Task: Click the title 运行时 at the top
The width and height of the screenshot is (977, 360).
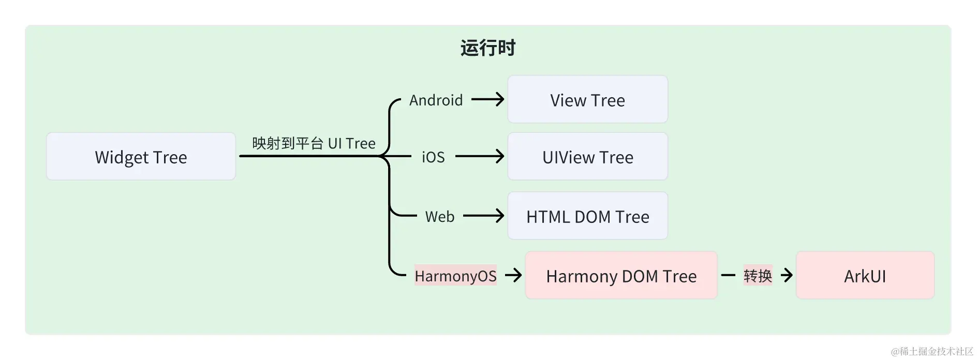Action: [x=487, y=48]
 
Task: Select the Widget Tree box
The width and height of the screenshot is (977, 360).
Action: [x=141, y=156]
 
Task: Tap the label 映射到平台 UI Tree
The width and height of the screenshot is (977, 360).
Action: [x=314, y=143]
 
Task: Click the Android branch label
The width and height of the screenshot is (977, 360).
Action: [x=436, y=100]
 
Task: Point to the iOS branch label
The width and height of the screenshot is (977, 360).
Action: [x=433, y=157]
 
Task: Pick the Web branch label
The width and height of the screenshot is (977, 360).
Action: [x=439, y=216]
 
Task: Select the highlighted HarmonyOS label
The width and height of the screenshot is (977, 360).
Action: [x=455, y=276]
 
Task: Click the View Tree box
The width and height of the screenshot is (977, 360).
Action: [x=587, y=99]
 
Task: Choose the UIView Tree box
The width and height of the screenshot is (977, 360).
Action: [x=587, y=156]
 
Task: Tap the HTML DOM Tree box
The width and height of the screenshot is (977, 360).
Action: [x=587, y=216]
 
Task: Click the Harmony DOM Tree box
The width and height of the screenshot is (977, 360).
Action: [x=621, y=275]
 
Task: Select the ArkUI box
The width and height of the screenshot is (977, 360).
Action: [x=865, y=275]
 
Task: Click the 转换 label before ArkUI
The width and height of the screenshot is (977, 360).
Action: [x=758, y=275]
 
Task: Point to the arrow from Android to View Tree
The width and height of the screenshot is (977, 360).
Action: [x=488, y=99]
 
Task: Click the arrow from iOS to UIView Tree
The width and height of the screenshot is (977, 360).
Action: [x=480, y=156]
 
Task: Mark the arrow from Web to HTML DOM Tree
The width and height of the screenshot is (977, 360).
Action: [x=484, y=216]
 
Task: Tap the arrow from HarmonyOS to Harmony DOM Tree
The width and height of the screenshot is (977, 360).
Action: [x=513, y=275]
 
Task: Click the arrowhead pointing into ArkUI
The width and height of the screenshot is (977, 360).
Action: [x=787, y=275]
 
